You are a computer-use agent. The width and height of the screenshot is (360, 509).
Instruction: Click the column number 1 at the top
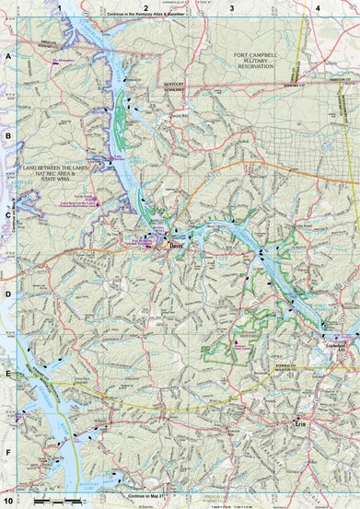point(59,8)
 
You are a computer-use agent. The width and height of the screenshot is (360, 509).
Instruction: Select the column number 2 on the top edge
point(145,8)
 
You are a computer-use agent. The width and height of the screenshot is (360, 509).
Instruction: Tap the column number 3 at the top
point(232,8)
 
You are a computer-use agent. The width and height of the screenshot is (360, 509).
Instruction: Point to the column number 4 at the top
point(318,8)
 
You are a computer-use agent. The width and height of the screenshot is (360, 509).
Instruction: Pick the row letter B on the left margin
point(8,135)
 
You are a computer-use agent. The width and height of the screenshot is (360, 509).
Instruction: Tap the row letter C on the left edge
point(8,215)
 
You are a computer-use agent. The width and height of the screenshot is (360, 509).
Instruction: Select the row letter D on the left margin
point(8,295)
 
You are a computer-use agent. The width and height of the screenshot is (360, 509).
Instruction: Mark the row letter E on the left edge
point(8,375)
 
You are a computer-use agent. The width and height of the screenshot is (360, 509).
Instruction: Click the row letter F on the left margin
point(8,454)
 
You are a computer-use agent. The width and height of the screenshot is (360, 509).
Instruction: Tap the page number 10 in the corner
point(8,501)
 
